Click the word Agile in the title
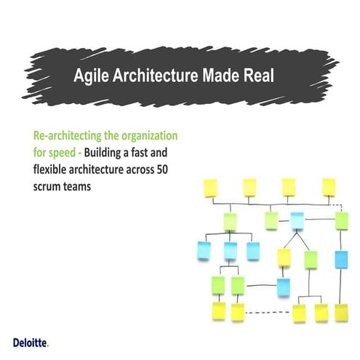[x=91, y=76]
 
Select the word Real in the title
[x=256, y=76]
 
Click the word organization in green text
[x=149, y=136]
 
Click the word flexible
[x=53, y=170]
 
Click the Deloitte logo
[x=31, y=341]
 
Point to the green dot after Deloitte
[x=49, y=344]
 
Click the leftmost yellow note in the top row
[x=211, y=188]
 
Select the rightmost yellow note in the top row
[x=329, y=186]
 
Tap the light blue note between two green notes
[x=297, y=220]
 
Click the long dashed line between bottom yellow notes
[x=268, y=313]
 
